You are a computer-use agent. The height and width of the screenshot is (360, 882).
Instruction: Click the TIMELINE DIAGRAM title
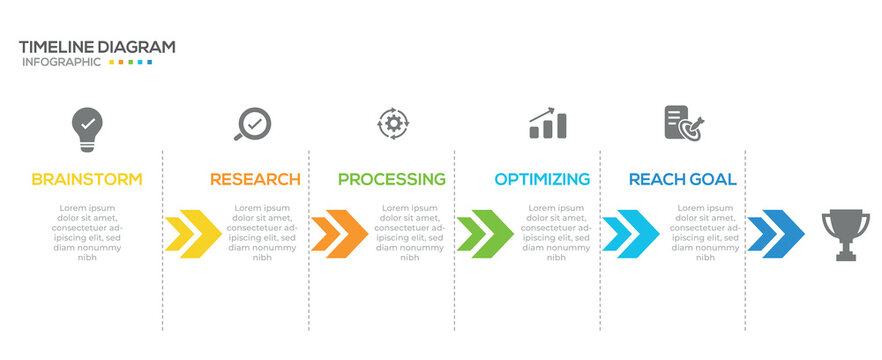click(97, 46)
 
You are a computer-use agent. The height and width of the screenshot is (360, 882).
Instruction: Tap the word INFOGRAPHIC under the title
click(61, 62)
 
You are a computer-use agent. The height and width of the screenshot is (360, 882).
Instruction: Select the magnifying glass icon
click(252, 124)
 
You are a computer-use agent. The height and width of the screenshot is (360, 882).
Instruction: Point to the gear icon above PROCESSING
click(393, 123)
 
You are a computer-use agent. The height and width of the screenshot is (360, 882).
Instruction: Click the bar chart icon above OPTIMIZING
click(548, 124)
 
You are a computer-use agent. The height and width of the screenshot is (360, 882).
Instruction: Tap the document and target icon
click(684, 124)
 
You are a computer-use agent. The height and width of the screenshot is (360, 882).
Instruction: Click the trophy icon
click(845, 234)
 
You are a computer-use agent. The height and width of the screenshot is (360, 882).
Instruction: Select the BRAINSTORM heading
click(87, 180)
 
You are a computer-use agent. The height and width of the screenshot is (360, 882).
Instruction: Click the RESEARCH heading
click(255, 180)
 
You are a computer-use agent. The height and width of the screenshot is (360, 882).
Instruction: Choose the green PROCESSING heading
click(391, 180)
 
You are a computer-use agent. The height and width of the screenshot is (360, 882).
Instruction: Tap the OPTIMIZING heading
click(542, 180)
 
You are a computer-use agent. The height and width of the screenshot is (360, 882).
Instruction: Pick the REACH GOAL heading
click(683, 180)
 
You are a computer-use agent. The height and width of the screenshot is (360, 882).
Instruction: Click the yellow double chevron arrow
click(193, 234)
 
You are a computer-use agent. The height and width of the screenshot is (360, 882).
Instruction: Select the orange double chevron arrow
click(339, 234)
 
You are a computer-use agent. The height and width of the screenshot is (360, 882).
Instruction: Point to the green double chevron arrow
click(485, 234)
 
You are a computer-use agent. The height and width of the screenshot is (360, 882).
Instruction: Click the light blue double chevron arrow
click(630, 234)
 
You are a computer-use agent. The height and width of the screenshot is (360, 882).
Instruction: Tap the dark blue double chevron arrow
click(776, 234)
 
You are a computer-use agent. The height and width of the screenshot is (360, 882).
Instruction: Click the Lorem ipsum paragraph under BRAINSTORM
click(87, 232)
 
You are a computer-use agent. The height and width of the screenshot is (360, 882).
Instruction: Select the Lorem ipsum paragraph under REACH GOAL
click(705, 232)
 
